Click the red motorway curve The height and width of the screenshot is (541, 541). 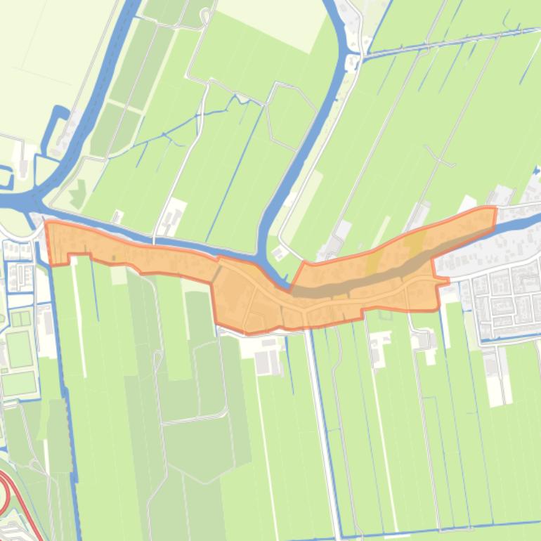click(8, 492)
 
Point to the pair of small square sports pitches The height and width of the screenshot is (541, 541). click(19, 319)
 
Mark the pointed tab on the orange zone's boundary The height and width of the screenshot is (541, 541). click(444, 282)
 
